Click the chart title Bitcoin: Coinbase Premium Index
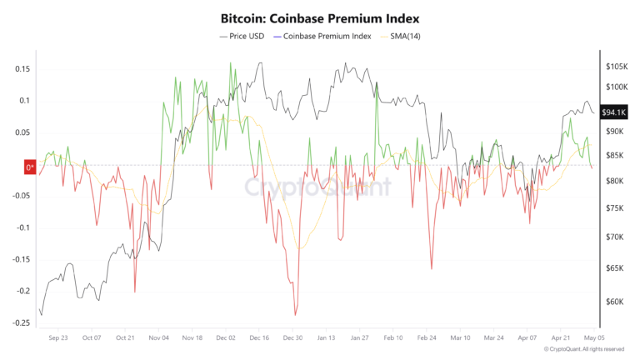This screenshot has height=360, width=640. pyautogui.click(x=320, y=17)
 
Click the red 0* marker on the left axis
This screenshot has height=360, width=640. pyautogui.click(x=29, y=167)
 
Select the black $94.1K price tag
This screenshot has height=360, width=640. pyautogui.click(x=614, y=112)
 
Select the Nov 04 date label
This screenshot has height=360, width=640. pyautogui.click(x=159, y=338)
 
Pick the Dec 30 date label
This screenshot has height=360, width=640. pyautogui.click(x=292, y=338)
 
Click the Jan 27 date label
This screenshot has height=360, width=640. pyautogui.click(x=360, y=338)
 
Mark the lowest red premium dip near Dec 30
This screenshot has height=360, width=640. pyautogui.click(x=295, y=315)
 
